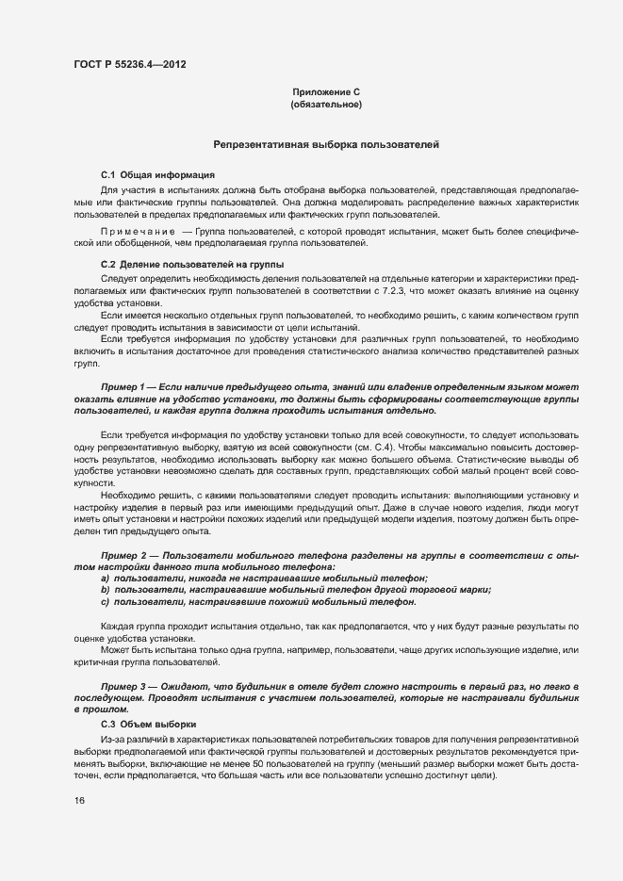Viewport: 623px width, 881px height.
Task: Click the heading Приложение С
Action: pos(327,92)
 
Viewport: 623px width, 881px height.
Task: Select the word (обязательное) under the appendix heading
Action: pos(327,105)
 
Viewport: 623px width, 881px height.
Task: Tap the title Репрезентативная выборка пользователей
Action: pos(326,145)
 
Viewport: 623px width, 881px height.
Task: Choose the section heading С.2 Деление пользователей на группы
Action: pos(192,264)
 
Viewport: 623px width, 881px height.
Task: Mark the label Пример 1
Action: pos(122,387)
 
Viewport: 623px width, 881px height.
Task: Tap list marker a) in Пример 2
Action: pos(105,579)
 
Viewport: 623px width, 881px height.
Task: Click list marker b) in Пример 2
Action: pos(105,590)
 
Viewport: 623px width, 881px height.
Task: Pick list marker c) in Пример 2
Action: pos(105,601)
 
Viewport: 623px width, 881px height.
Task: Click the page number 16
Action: pos(79,801)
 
